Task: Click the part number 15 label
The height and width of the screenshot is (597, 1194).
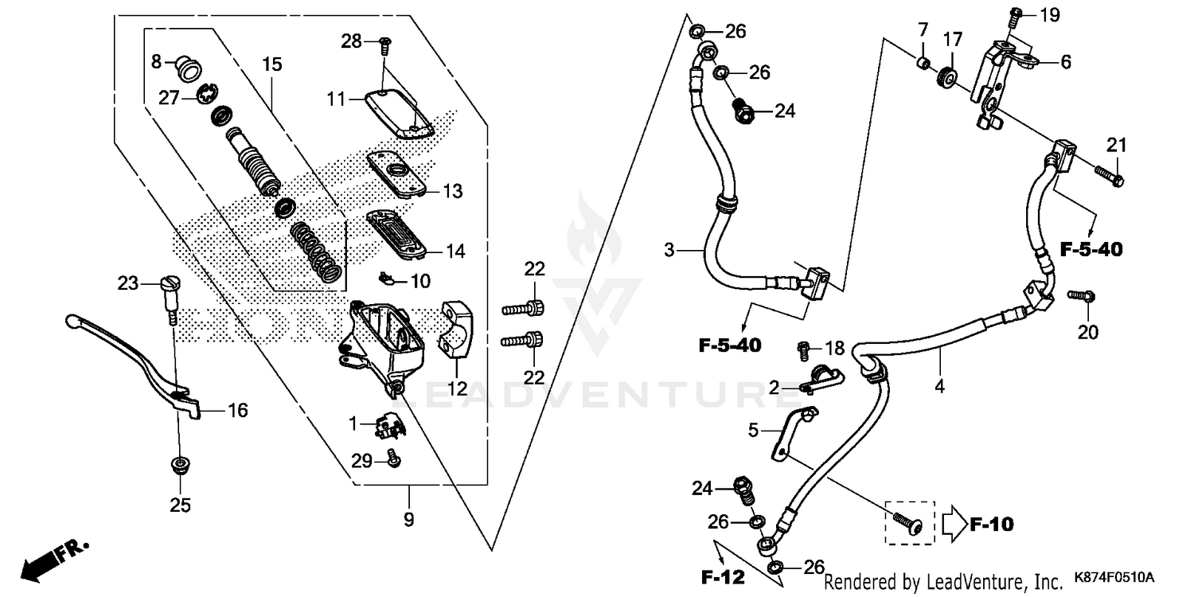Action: [272, 64]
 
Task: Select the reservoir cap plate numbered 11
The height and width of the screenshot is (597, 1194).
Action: [398, 114]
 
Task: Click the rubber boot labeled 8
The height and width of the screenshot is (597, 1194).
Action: [187, 68]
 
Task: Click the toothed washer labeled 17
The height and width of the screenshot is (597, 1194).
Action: [947, 78]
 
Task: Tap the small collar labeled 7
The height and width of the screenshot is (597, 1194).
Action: [922, 62]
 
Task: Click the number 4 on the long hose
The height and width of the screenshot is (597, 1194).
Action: [939, 387]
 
